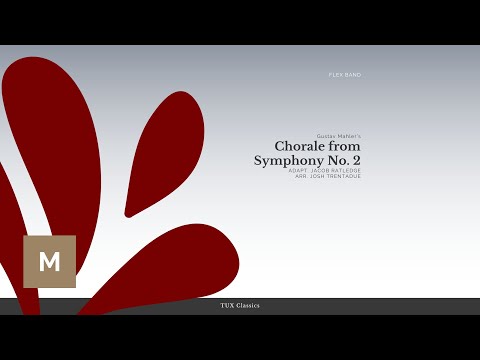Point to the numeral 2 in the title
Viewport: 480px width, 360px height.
click(357, 160)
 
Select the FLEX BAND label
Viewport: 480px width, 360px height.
click(345, 75)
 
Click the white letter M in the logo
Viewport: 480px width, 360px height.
click(49, 262)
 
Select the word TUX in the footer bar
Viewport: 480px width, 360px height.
click(226, 305)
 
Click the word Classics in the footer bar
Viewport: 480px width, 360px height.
click(247, 305)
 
